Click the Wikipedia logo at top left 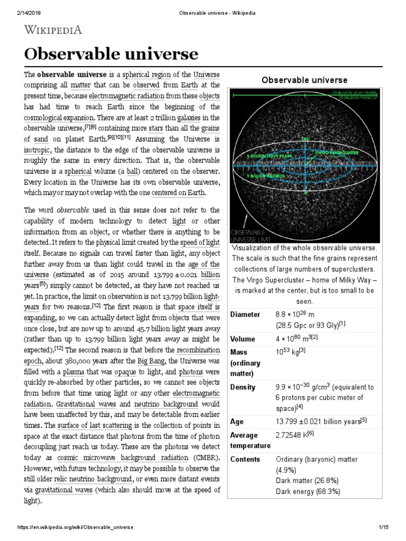[52, 30]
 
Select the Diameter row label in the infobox [245, 314]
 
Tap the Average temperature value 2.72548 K [294, 435]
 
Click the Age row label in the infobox [237, 422]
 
